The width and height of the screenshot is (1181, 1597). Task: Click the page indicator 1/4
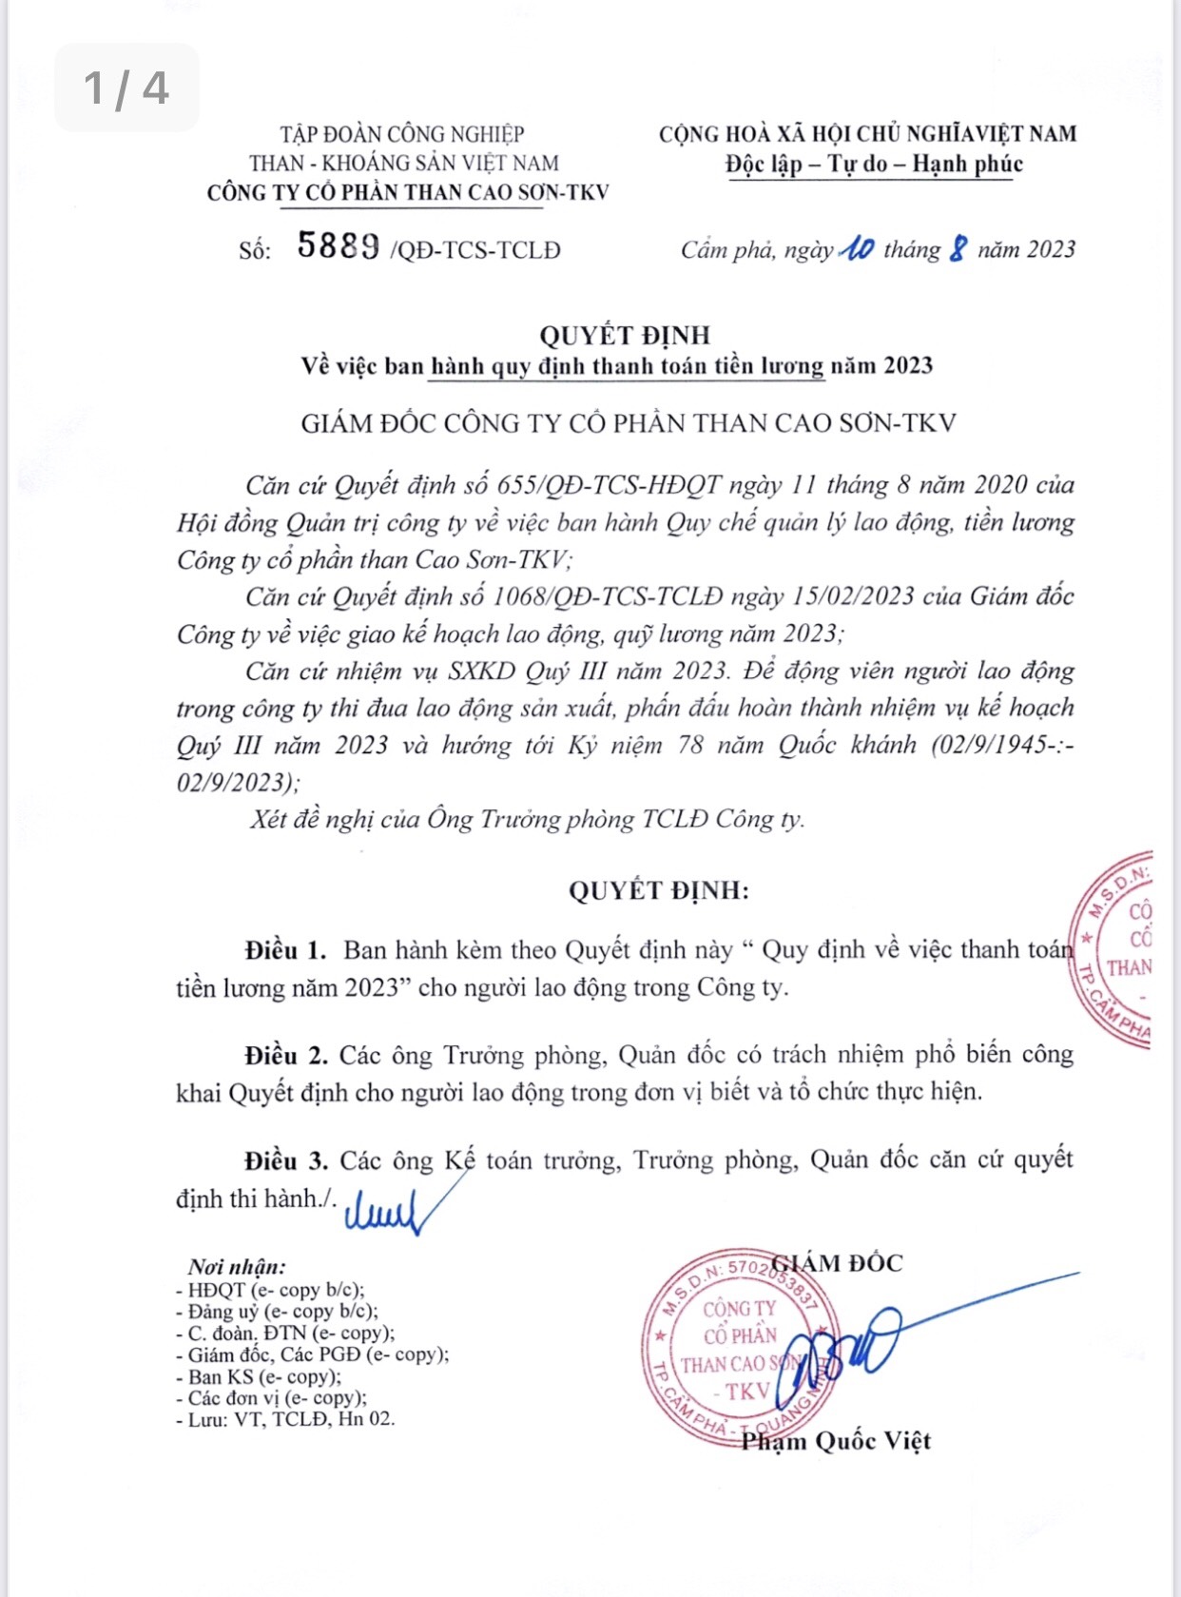[x=126, y=88]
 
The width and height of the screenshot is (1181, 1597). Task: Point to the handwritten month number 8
[x=958, y=250]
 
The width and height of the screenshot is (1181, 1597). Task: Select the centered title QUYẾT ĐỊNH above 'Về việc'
[x=625, y=335]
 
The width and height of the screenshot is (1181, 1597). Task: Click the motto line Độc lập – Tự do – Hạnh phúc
[x=874, y=164]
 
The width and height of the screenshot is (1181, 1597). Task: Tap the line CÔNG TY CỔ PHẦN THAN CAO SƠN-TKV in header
[x=408, y=192]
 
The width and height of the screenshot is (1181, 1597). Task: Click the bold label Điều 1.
[x=285, y=950]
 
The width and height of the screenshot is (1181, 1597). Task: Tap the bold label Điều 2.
[x=285, y=1055]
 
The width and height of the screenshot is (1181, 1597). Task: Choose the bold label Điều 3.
[x=285, y=1160]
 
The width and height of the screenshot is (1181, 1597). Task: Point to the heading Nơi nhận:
[x=237, y=1267]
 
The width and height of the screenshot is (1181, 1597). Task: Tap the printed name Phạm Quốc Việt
[x=836, y=1441]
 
